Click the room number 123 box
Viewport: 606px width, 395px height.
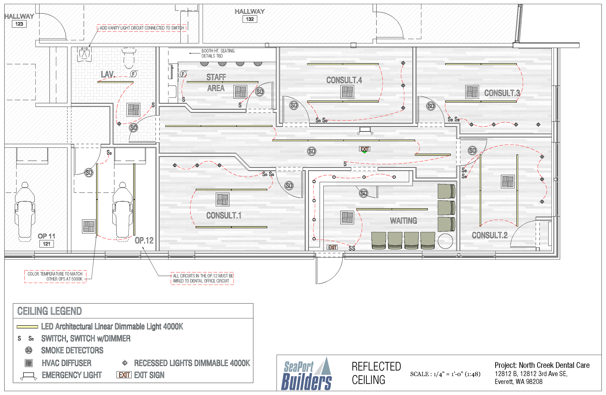point(19,24)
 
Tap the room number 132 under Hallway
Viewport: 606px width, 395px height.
point(249,19)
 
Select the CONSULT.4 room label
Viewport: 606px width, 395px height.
point(344,80)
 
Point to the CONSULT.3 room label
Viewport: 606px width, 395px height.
point(502,93)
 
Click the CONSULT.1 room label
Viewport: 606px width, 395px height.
point(223,216)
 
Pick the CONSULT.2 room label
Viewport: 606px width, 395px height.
point(489,235)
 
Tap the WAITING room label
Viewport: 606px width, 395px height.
point(403,221)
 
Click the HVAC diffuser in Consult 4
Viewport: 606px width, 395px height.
point(347,92)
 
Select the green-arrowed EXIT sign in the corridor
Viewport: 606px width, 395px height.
point(365,149)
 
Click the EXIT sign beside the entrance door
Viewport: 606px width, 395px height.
point(332,247)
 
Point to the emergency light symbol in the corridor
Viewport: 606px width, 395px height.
point(365,130)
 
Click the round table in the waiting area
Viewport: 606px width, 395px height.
point(445,241)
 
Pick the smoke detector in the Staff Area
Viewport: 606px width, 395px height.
point(259,92)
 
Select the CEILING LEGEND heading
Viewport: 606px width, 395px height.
point(49,311)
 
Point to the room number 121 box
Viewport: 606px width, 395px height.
point(46,244)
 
